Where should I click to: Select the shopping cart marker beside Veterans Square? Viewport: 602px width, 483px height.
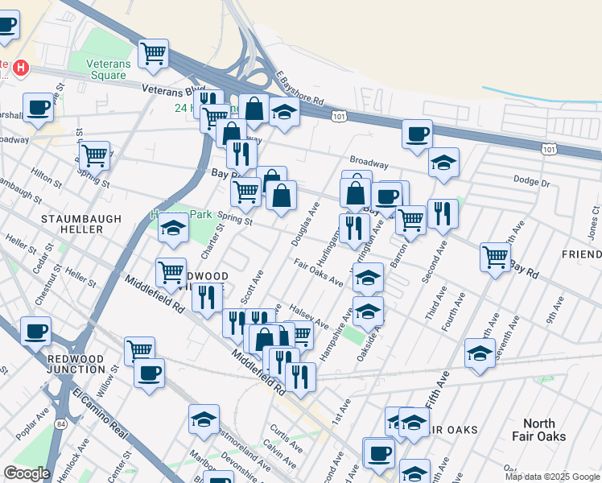[x=153, y=55]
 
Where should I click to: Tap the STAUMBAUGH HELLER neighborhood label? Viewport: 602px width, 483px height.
[x=82, y=224]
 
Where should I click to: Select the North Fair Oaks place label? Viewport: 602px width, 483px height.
[x=544, y=430]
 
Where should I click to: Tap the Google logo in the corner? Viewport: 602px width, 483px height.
[x=27, y=473]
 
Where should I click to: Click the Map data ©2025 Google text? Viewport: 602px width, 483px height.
[x=552, y=477]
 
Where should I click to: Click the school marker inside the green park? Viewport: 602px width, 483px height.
[x=173, y=229]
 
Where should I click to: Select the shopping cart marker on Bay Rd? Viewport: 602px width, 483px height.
[x=495, y=257]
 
